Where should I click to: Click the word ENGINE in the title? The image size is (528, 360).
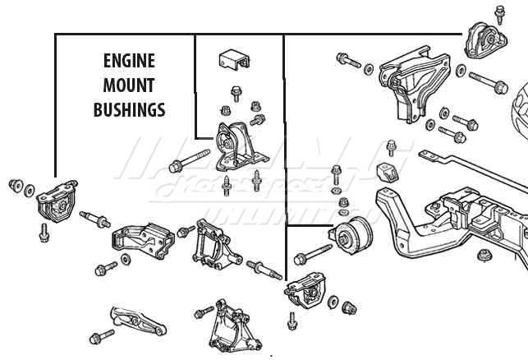pos(130,61)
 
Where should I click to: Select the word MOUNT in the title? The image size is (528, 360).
pos(129,85)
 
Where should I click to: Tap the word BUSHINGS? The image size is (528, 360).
pos(130,108)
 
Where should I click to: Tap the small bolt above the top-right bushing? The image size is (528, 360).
pos(500,13)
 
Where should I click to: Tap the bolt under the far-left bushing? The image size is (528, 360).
pos(44,233)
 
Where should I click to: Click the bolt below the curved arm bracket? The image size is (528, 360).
pos(101,337)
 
